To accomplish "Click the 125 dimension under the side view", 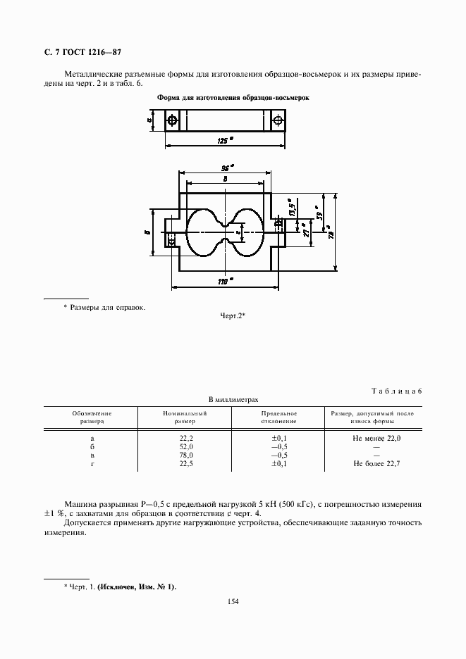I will [x=225, y=141].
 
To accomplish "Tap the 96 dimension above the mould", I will [x=227, y=168].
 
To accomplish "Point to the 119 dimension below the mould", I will [x=226, y=282].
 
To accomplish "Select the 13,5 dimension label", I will [x=291, y=209].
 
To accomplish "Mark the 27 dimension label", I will [x=305, y=232].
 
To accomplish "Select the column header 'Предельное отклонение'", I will [x=278, y=417].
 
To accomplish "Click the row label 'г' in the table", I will [x=92, y=464].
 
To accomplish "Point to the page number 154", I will [x=233, y=601].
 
